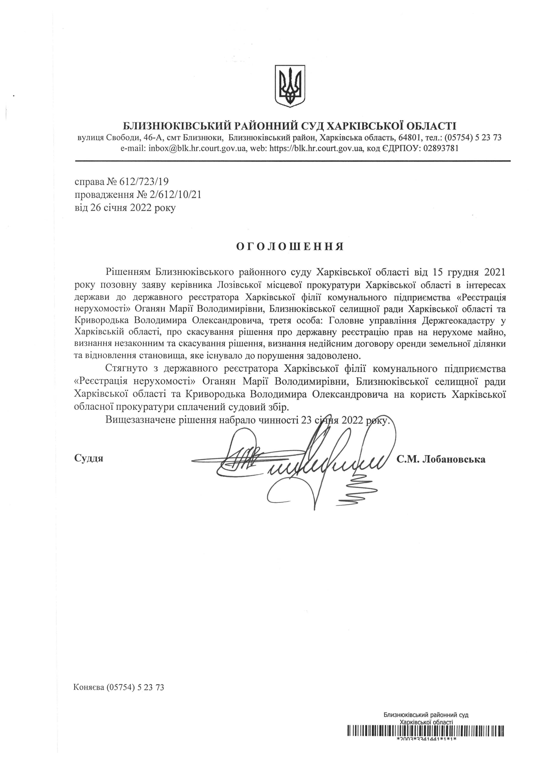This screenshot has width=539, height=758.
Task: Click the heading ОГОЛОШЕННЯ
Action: [x=290, y=247]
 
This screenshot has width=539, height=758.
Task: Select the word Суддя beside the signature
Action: [x=89, y=458]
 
